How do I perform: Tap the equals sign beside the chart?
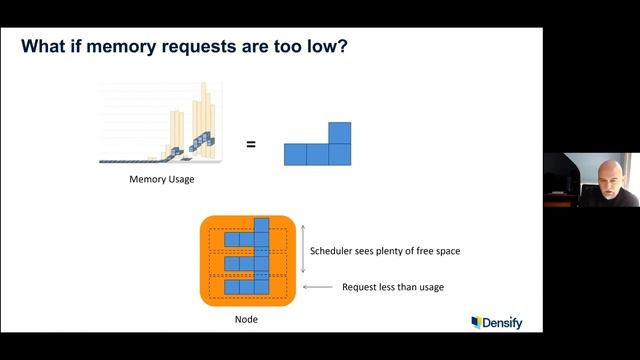click(x=251, y=145)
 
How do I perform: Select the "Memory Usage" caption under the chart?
click(x=161, y=180)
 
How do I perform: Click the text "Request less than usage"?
click(x=392, y=287)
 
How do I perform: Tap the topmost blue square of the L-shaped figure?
click(x=340, y=133)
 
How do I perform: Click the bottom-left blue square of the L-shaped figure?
click(x=295, y=154)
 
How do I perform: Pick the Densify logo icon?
click(x=477, y=322)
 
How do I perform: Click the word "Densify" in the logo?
click(x=504, y=322)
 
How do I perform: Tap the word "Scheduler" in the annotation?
click(x=333, y=251)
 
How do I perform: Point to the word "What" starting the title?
click(x=43, y=46)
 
